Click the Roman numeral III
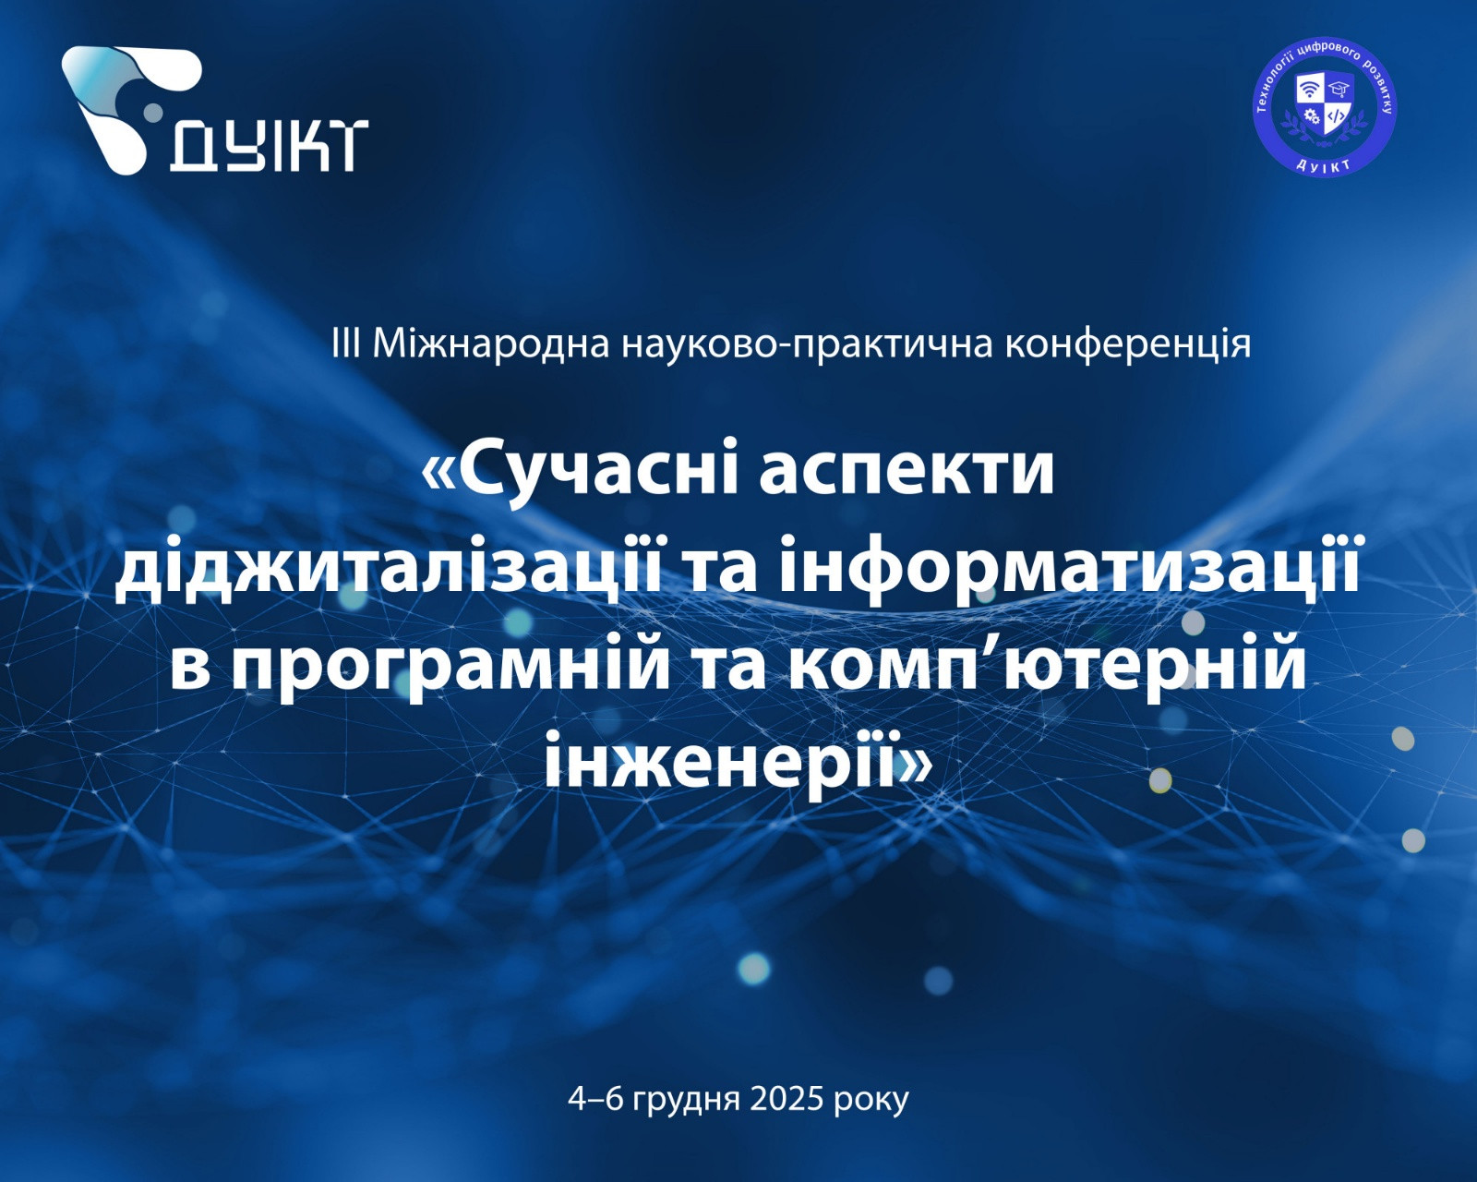pyautogui.click(x=345, y=344)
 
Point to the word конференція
pyautogui.click(x=1128, y=345)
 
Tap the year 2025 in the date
pyautogui.click(x=786, y=1100)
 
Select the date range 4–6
pyautogui.click(x=595, y=1100)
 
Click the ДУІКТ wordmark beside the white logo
pyautogui.click(x=269, y=146)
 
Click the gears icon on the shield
pyautogui.click(x=1310, y=116)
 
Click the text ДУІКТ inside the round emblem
pyautogui.click(x=1325, y=164)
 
